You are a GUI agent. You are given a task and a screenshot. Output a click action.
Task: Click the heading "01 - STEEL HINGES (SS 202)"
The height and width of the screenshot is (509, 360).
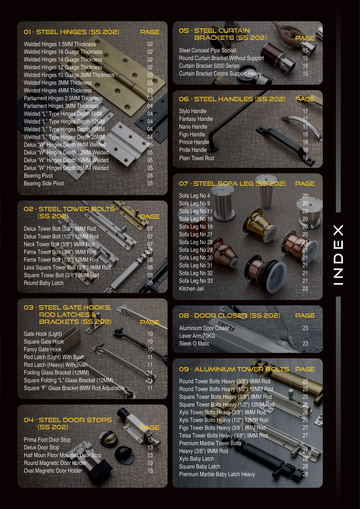[x=71, y=32]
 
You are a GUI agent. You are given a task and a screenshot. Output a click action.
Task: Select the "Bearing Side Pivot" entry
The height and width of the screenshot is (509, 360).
[x=44, y=183]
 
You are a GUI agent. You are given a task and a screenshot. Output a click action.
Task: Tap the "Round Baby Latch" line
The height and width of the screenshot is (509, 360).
[x=44, y=283]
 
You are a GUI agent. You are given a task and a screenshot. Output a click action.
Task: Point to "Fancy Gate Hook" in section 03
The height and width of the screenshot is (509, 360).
[x=43, y=349]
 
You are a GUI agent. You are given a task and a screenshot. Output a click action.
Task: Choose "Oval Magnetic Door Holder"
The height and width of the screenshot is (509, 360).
[x=53, y=471]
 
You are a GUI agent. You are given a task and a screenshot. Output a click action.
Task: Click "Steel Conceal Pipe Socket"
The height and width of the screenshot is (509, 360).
[x=207, y=50]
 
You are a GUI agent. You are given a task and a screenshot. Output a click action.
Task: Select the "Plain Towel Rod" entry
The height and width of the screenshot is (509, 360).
[x=196, y=158]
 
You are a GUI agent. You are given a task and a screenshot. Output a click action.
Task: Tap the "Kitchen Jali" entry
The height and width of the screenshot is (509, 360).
[x=191, y=289]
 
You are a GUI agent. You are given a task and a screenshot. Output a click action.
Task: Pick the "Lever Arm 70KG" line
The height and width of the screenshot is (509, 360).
[x=197, y=336]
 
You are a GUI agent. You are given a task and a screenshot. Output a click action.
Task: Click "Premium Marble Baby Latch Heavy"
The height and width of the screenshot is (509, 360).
[x=217, y=474]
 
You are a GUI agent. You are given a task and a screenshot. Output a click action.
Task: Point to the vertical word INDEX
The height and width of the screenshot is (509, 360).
[x=338, y=255]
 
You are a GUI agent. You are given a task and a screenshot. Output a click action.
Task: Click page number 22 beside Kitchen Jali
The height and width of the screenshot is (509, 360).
[x=305, y=289]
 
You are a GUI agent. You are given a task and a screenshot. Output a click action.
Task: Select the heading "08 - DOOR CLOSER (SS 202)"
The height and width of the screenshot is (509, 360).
[x=229, y=315]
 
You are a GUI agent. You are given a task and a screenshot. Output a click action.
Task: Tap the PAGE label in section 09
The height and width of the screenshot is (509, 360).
[x=305, y=369]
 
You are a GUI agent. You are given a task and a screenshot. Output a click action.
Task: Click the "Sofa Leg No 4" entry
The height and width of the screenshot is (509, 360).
[x=194, y=196]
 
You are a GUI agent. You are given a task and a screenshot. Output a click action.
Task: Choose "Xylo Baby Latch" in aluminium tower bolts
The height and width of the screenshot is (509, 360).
[x=196, y=459]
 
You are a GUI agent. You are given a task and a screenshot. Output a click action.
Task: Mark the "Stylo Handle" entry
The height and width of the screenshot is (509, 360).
[x=193, y=111]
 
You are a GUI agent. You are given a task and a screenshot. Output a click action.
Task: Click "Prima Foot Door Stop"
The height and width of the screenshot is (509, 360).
[x=47, y=440]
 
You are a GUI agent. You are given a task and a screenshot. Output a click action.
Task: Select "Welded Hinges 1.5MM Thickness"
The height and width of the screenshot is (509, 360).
[x=60, y=44]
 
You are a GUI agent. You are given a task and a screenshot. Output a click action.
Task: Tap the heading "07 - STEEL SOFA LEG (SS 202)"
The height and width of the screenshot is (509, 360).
[x=232, y=183]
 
